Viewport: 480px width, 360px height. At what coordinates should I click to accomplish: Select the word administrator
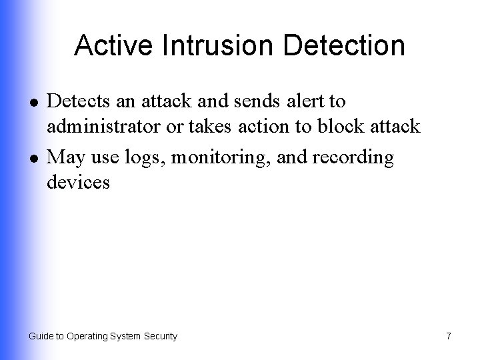pyautogui.click(x=108, y=127)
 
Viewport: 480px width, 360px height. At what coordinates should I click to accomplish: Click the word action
pyautogui.click(x=276, y=127)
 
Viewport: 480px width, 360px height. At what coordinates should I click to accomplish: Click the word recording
pyautogui.click(x=354, y=159)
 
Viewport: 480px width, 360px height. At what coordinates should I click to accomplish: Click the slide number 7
pyautogui.click(x=448, y=336)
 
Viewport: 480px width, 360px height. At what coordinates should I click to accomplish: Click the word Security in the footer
pyautogui.click(x=160, y=337)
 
